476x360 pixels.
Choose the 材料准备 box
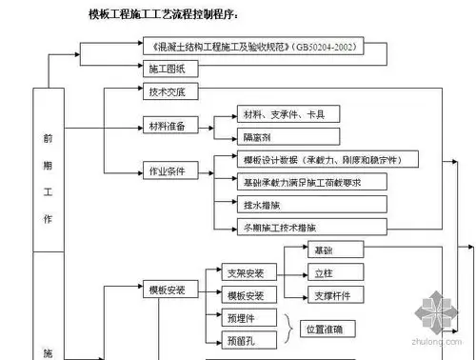pos(168,125)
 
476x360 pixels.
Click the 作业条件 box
pos(168,171)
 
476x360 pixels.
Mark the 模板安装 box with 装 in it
pos(168,289)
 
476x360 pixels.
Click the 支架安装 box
pos(250,273)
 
